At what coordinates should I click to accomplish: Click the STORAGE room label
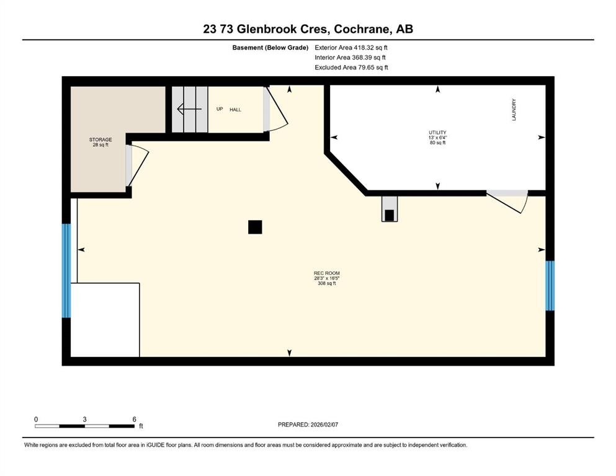click(100, 139)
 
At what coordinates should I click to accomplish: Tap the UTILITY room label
click(437, 133)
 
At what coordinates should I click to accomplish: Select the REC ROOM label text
click(326, 273)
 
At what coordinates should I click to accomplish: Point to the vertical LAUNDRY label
click(514, 110)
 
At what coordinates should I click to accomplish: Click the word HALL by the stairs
click(235, 110)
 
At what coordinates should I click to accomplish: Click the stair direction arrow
click(189, 108)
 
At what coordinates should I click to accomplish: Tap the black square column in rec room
click(255, 227)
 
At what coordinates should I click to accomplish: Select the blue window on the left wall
click(66, 270)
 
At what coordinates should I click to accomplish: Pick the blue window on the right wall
click(550, 285)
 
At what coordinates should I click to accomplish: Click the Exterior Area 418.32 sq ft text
click(351, 48)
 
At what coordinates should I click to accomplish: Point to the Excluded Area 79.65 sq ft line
click(351, 67)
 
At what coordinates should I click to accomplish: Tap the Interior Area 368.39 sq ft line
click(350, 57)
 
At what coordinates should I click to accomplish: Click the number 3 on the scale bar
click(84, 419)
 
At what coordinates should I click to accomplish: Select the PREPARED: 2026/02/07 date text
click(308, 425)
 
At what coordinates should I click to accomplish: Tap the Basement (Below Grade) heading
click(270, 48)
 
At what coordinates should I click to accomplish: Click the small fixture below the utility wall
click(390, 209)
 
